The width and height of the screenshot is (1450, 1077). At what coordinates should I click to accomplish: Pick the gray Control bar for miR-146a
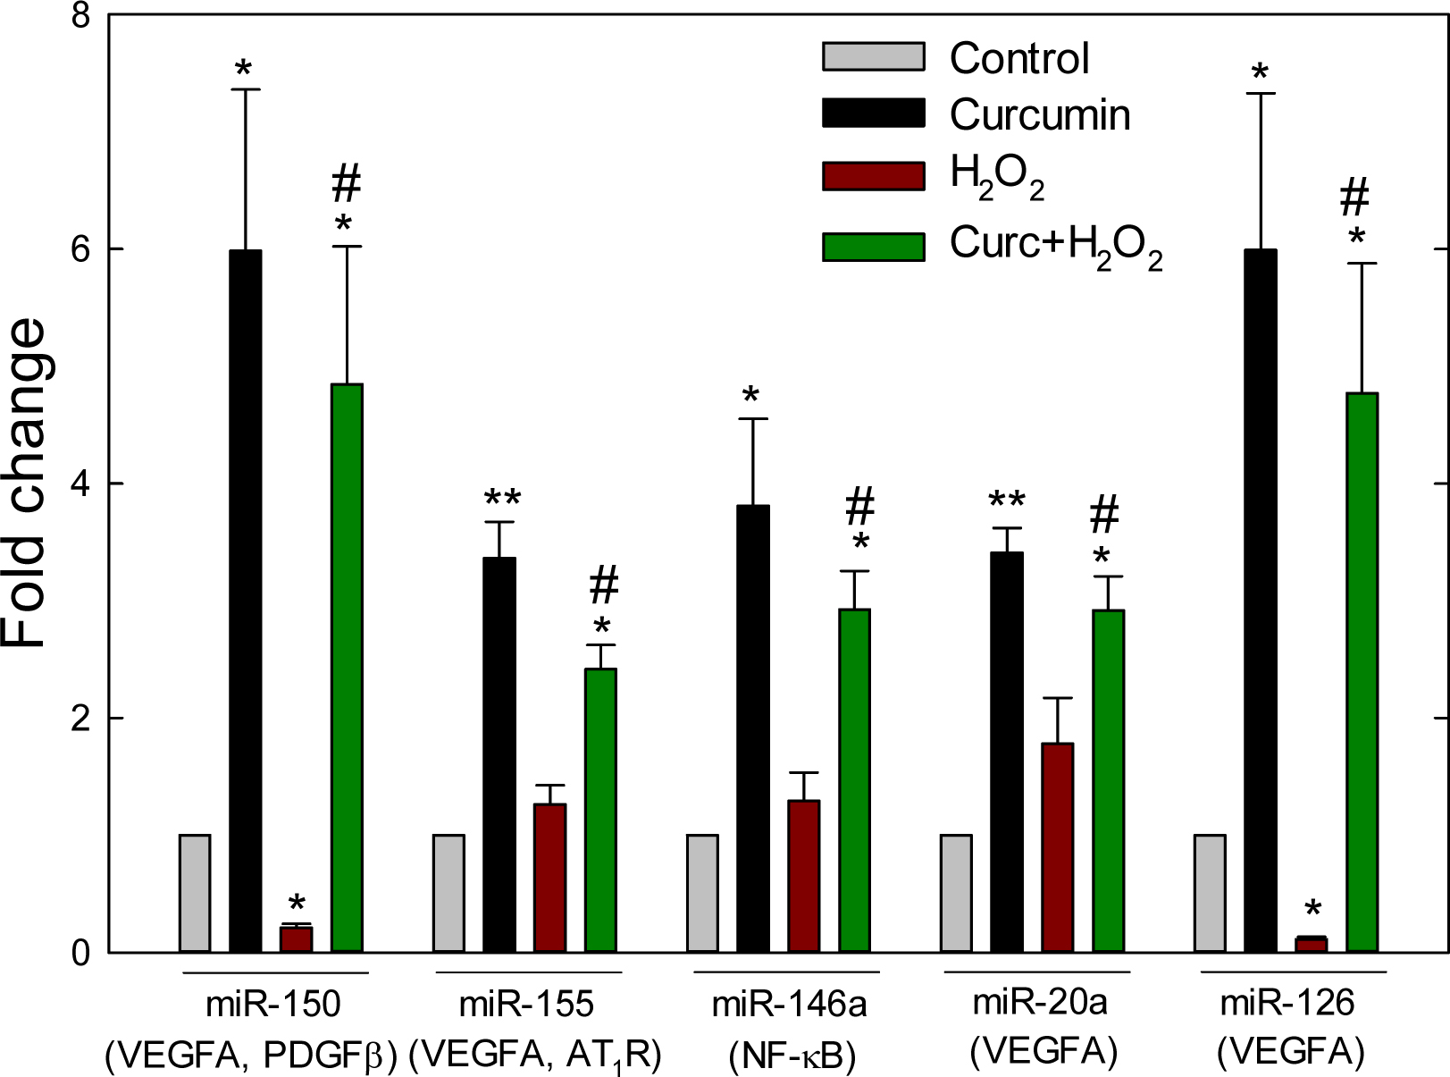(x=702, y=893)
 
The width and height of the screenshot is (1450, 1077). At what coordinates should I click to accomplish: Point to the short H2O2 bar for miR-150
(x=296, y=939)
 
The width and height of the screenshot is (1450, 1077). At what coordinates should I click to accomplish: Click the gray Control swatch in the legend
(x=873, y=56)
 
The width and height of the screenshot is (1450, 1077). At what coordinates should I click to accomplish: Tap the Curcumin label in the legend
(x=1040, y=115)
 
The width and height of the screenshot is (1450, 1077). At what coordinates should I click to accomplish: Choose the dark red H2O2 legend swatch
(x=873, y=176)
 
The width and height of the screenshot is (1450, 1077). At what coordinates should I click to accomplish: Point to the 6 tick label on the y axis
(x=81, y=249)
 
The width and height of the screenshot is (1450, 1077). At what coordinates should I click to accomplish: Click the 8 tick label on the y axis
(x=81, y=16)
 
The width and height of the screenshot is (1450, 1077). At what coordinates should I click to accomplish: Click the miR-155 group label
(x=526, y=1005)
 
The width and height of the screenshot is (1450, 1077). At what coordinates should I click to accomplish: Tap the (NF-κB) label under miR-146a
(x=792, y=1056)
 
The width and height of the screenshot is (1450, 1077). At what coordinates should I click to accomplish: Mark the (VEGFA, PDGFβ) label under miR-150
(x=250, y=1056)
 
